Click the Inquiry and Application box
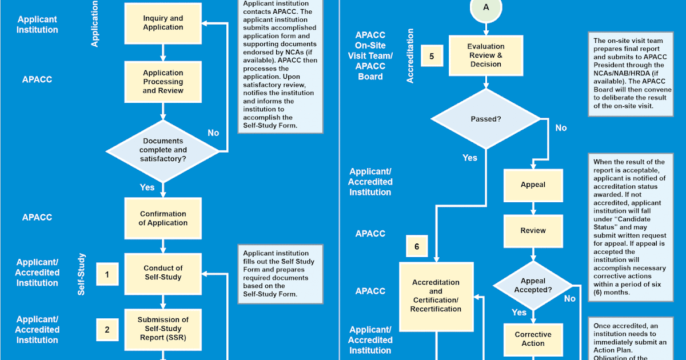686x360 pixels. [x=163, y=23]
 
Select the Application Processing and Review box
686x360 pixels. [x=163, y=82]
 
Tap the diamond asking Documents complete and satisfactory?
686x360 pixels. [x=163, y=150]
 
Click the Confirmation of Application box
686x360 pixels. [x=163, y=218]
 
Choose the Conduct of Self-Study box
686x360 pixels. [x=163, y=273]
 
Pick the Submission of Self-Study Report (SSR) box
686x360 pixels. [x=163, y=329]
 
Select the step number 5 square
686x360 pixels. [x=432, y=56]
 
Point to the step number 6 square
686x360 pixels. [x=417, y=246]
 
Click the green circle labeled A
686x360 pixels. [x=485, y=7]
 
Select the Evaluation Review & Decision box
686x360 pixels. [x=485, y=55]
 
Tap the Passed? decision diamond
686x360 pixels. [x=485, y=119]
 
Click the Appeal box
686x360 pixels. [x=533, y=185]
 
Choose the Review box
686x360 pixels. [x=533, y=230]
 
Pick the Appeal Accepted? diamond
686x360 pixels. [x=533, y=285]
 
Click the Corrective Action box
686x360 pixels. [x=533, y=339]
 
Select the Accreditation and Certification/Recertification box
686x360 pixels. [x=436, y=295]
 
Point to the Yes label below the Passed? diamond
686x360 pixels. [x=469, y=158]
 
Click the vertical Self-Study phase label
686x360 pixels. [x=81, y=275]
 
